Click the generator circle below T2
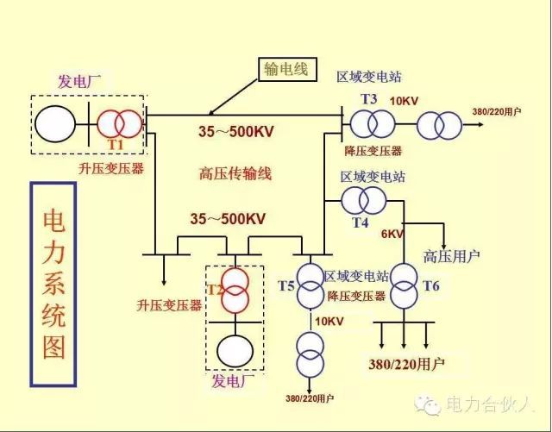click(235, 350)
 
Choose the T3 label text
click(368, 99)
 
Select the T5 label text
click(285, 285)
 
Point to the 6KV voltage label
click(392, 234)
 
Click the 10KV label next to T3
click(404, 101)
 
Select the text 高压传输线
click(235, 174)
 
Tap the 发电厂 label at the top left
click(79, 82)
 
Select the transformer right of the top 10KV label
click(439, 127)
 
